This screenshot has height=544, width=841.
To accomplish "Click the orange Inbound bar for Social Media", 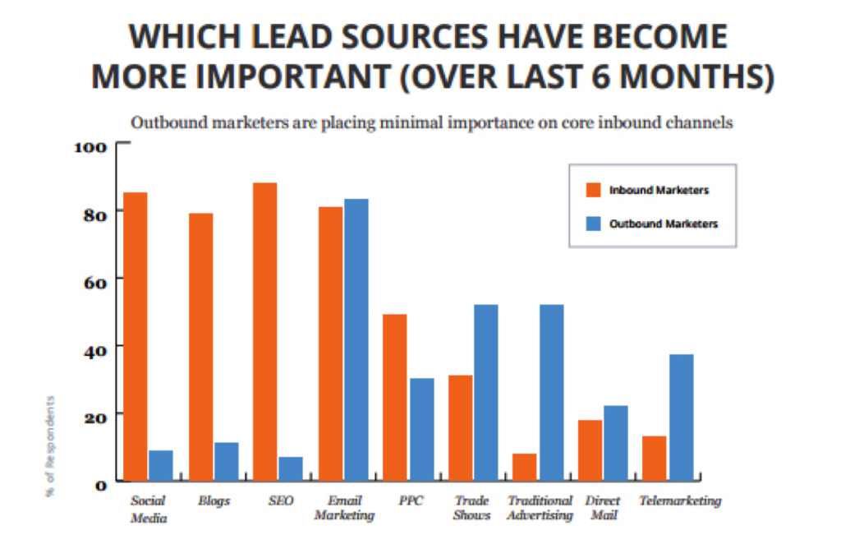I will coord(136,336).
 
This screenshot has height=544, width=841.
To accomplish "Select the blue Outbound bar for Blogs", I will coord(227,461).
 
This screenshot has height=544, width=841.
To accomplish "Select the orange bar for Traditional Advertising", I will coord(524,467).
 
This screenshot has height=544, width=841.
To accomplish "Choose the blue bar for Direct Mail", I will coord(615,443).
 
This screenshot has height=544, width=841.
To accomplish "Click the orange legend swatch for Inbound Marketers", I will coord(593,190).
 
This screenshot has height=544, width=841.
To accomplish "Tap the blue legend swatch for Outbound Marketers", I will coord(593,224).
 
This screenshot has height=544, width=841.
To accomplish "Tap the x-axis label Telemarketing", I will coord(680,500).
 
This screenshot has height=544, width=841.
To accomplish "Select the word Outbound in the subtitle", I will coord(164,123).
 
